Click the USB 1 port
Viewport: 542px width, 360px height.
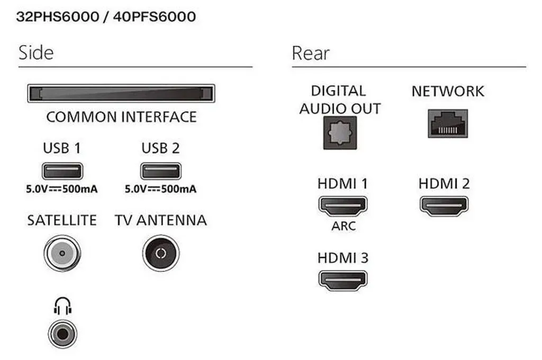click(62, 171)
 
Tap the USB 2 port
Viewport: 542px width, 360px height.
click(161, 171)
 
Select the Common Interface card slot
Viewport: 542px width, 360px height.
click(121, 93)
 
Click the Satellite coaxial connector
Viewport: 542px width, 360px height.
click(62, 253)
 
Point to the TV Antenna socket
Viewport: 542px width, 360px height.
click(161, 253)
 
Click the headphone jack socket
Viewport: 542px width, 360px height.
click(62, 334)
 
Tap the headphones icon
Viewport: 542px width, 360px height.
click(62, 305)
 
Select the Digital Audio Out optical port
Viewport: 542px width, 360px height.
click(340, 133)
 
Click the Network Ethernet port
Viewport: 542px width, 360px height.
click(448, 124)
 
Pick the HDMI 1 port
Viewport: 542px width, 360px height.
click(343, 206)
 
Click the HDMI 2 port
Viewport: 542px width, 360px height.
click(444, 206)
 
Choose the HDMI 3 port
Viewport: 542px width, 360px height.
click(343, 280)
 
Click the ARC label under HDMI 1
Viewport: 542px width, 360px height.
click(344, 226)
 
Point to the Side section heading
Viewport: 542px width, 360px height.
click(36, 53)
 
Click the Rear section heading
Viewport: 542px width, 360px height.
click(310, 53)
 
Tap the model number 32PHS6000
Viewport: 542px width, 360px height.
click(58, 16)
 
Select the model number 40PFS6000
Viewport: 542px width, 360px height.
click(155, 16)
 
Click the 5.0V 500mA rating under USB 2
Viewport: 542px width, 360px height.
click(161, 189)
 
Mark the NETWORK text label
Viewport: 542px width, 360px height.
click(448, 91)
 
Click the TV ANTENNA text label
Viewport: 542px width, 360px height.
click(161, 220)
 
